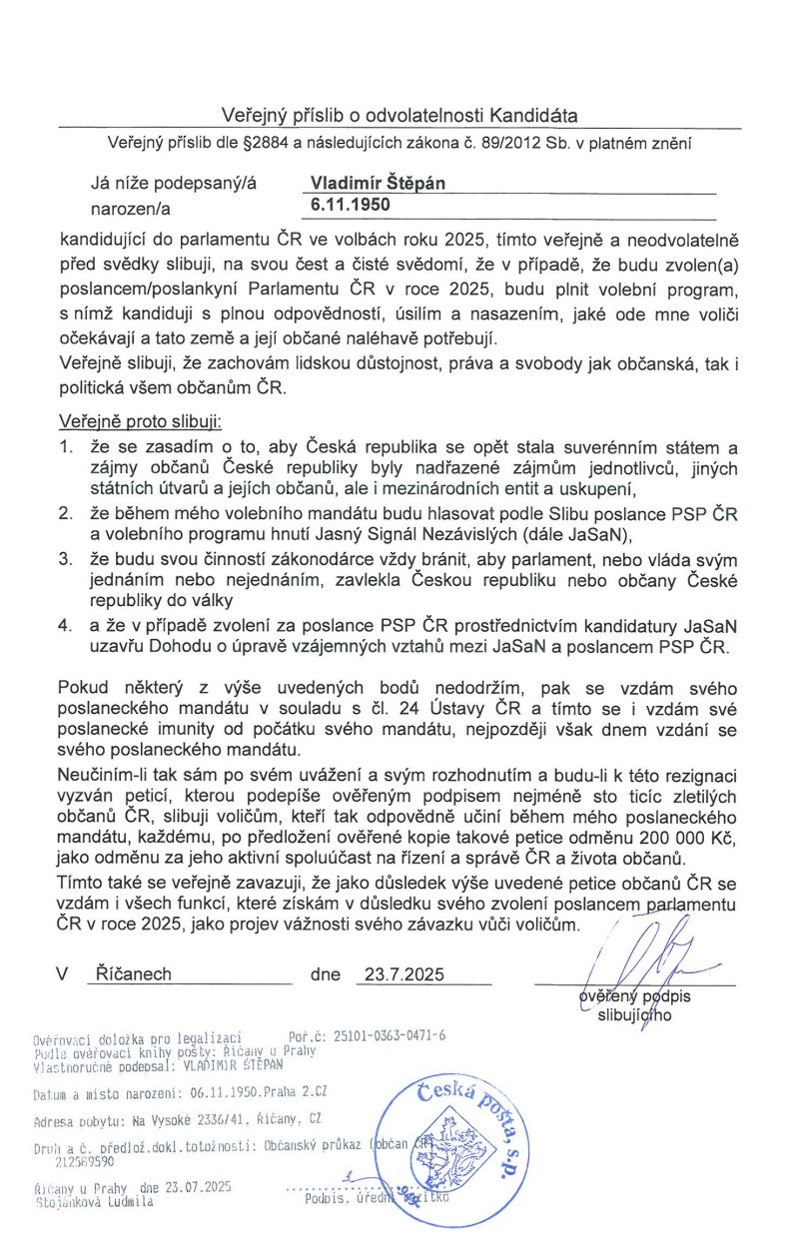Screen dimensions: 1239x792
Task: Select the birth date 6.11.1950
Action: click(349, 208)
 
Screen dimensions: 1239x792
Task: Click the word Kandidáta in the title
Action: click(533, 116)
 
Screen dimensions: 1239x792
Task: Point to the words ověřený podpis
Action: click(635, 996)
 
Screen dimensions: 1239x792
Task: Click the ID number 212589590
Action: click(82, 1162)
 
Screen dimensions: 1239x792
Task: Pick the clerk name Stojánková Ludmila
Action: click(95, 1203)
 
